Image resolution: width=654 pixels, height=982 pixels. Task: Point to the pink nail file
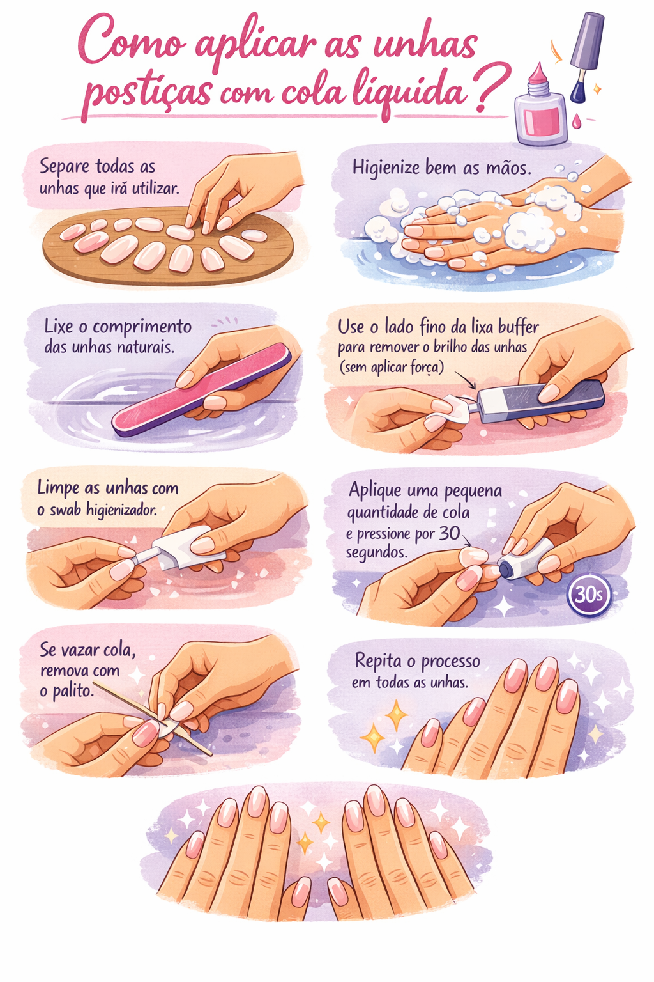pos(201,389)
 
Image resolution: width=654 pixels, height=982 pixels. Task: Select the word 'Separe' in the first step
pos(65,167)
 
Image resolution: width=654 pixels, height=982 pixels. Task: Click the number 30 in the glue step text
pos(450,533)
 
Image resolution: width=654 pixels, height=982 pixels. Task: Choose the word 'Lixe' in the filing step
pos(59,327)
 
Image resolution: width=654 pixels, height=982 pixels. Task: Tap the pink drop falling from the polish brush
pos(577,121)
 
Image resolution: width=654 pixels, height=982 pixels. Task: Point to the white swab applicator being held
pos(179,549)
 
